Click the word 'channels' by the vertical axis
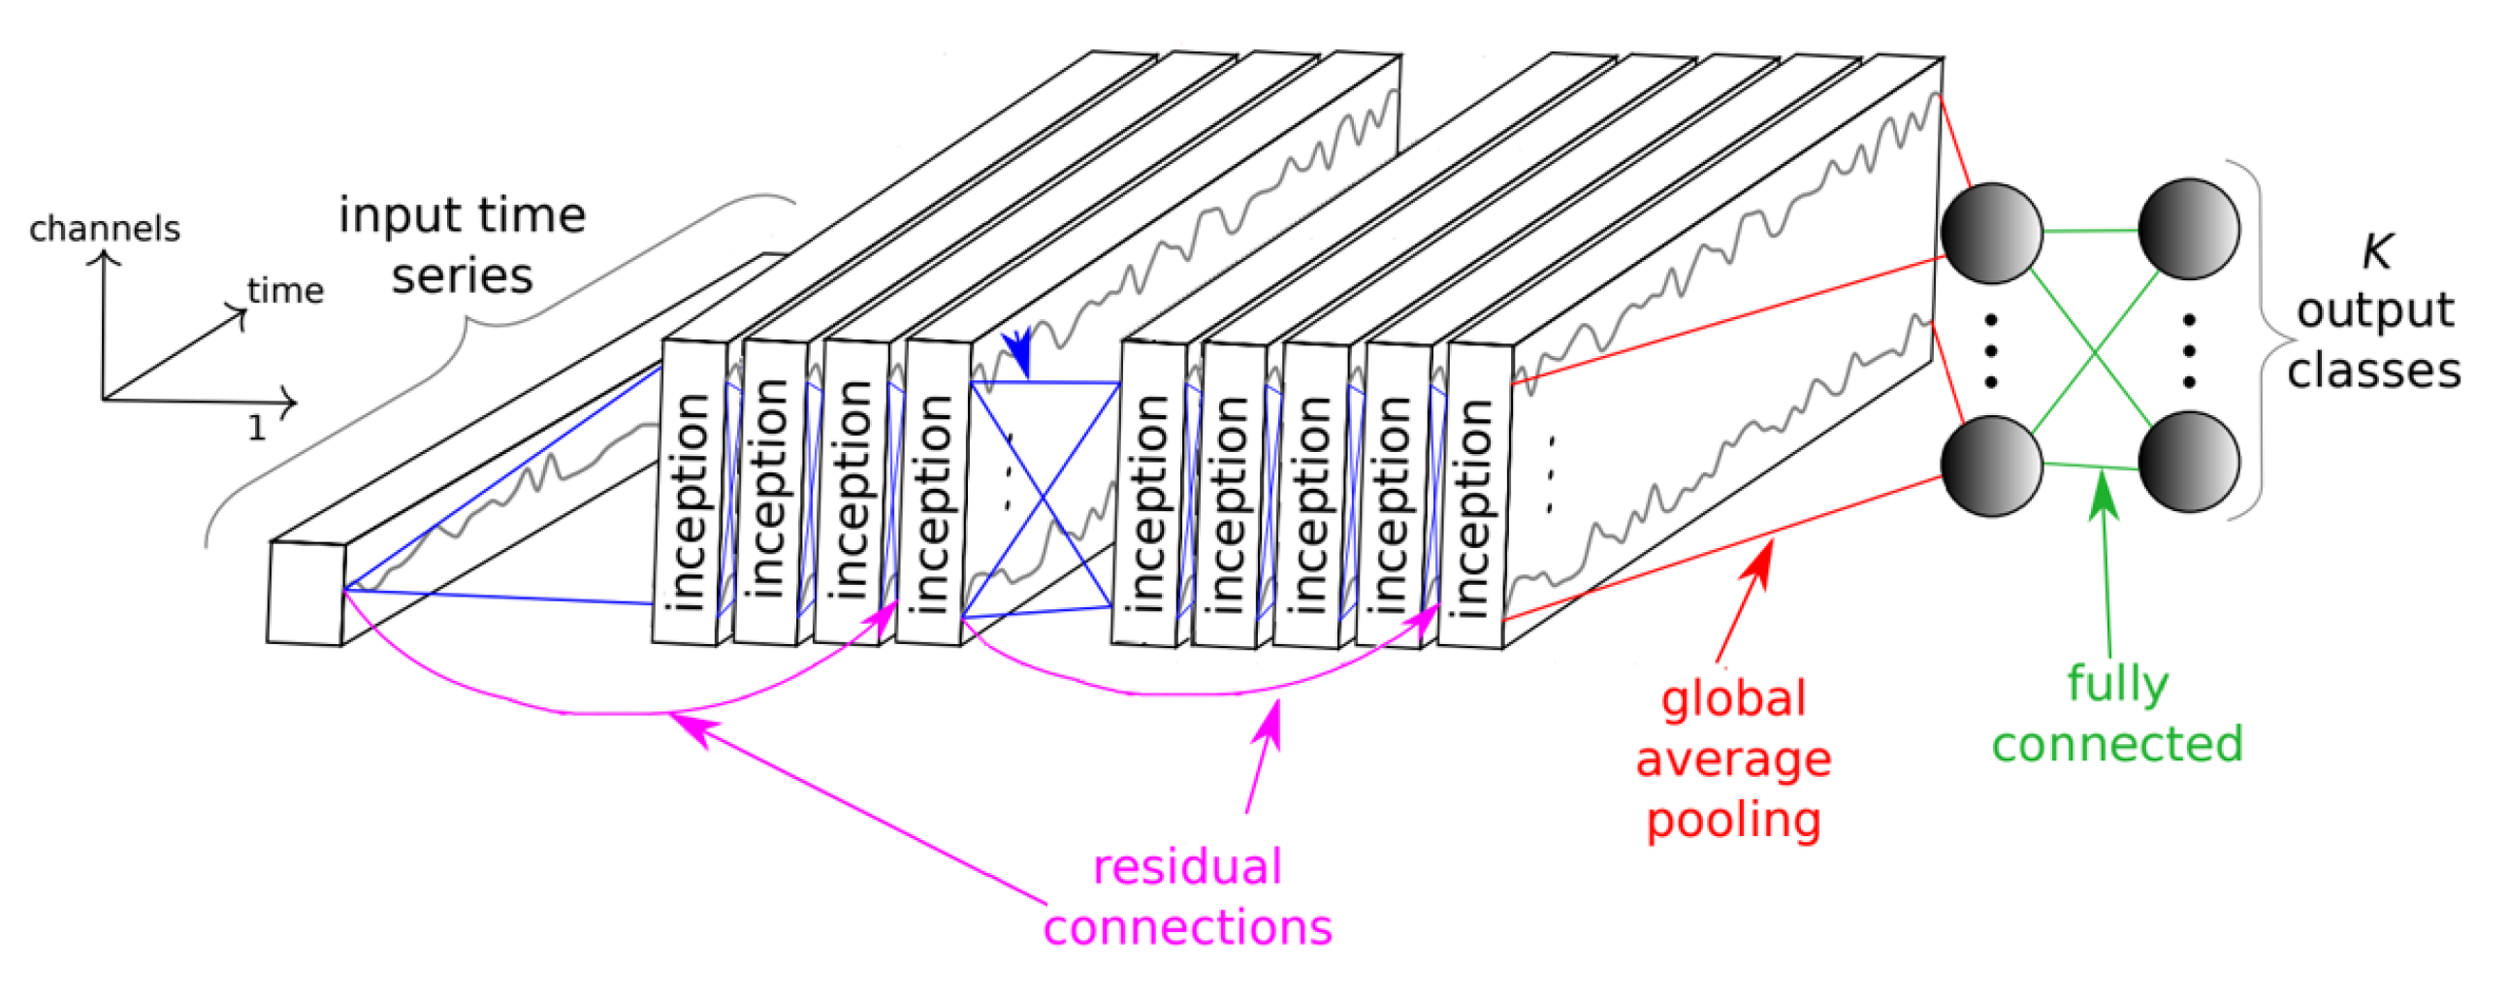point(104,229)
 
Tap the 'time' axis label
point(284,290)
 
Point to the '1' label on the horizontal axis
point(256,429)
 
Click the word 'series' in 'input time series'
point(463,275)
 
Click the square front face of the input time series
point(305,593)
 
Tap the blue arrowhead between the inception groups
point(1017,352)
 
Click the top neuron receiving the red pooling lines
point(1990,233)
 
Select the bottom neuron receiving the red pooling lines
point(1990,465)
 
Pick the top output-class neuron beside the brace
point(2188,229)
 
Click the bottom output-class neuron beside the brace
point(2188,462)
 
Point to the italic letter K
point(2376,251)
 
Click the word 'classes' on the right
point(2373,371)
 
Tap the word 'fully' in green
point(2117,684)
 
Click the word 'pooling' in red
point(1733,820)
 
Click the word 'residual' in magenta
point(1187,866)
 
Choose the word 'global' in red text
point(1733,699)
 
